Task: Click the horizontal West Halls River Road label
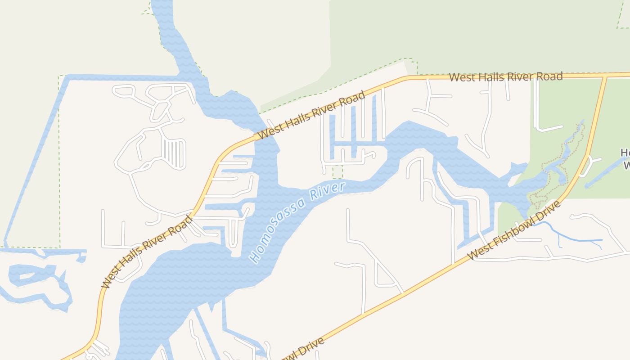(506, 77)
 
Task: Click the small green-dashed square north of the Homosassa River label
(337, 171)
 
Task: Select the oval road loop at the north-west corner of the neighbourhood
(124, 91)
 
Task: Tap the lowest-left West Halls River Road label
(147, 252)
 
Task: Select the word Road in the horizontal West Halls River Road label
(550, 76)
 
